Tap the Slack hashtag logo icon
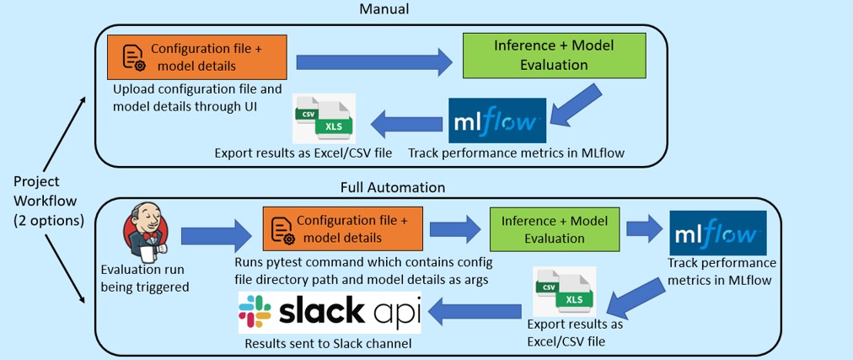[255, 312]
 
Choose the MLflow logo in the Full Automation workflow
[718, 234]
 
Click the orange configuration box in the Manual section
[197, 57]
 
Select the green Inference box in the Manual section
[554, 55]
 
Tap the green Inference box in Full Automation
[555, 229]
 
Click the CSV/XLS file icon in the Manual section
[324, 118]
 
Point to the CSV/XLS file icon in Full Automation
[564, 292]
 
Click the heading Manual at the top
[384, 9]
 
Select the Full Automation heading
[393, 188]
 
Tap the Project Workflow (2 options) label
[48, 201]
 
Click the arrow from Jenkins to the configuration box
[217, 236]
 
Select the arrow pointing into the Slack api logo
[475, 312]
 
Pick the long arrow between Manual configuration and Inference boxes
[374, 62]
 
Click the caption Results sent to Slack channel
[328, 344]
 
